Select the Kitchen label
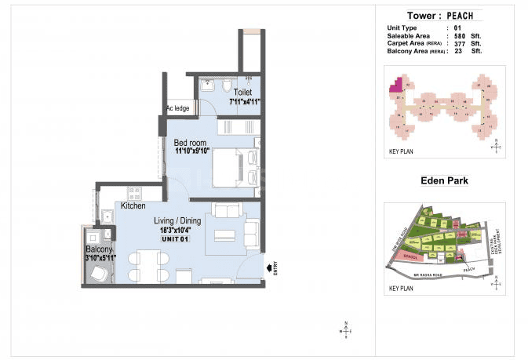point(133,205)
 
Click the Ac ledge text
point(177,108)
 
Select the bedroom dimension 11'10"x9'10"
point(193,151)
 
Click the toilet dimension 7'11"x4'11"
point(244,101)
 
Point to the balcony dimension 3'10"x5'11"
point(100,257)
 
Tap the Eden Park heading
point(444,180)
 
